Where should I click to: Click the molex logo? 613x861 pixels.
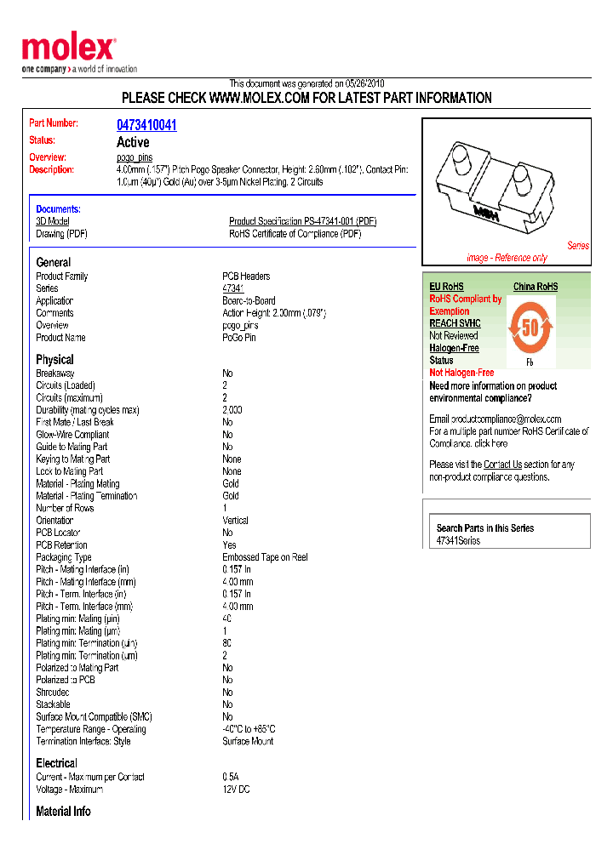coord(68,48)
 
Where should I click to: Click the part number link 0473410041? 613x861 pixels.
coord(146,125)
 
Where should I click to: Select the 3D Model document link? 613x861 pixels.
coord(52,221)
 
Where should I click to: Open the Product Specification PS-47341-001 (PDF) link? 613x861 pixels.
coord(302,221)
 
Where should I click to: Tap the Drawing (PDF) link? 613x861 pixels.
coord(61,233)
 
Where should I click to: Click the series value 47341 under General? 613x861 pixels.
coord(232,288)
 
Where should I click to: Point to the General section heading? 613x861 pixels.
coord(54,262)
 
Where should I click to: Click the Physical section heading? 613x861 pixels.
coord(54,359)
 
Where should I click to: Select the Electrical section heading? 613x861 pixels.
coord(56,763)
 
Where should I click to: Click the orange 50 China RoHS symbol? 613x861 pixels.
coord(530,326)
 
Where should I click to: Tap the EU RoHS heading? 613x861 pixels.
coord(446,287)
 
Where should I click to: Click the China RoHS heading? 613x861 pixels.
coord(536,287)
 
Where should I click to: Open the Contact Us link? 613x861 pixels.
coord(502,465)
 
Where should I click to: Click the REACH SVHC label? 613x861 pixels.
coord(455,323)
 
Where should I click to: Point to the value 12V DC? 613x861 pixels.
coord(236,789)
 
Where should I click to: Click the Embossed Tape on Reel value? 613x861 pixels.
coord(265,557)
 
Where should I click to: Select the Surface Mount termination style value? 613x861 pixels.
coord(248,741)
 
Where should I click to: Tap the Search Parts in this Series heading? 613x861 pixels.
coord(485,528)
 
